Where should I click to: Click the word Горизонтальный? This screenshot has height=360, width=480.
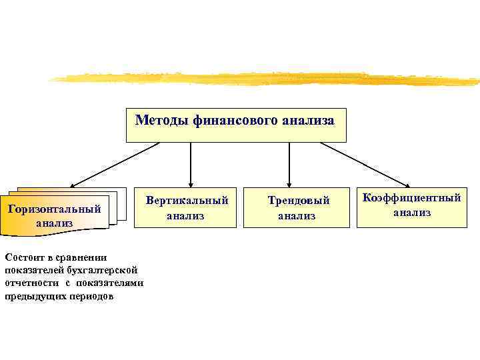(x=54, y=209)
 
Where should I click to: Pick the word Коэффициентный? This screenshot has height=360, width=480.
(x=411, y=198)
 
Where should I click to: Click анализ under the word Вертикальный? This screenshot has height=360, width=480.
(x=187, y=215)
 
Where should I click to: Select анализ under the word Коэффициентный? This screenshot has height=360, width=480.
(x=411, y=213)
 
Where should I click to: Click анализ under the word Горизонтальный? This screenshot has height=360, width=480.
(x=54, y=223)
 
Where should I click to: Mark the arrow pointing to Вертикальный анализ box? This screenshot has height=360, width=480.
(x=191, y=163)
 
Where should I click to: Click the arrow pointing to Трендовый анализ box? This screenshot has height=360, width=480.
(x=289, y=163)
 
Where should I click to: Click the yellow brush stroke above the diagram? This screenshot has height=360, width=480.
(x=267, y=79)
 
